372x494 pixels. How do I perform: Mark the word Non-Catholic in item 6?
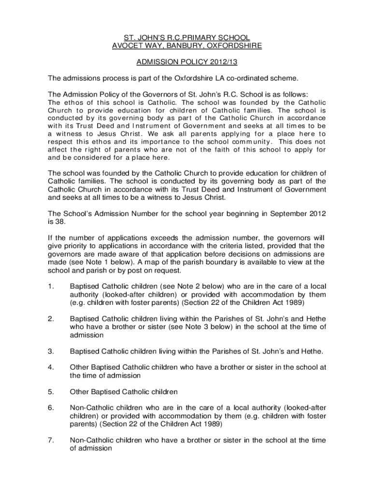[91, 408]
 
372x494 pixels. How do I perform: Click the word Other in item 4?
[80, 367]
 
